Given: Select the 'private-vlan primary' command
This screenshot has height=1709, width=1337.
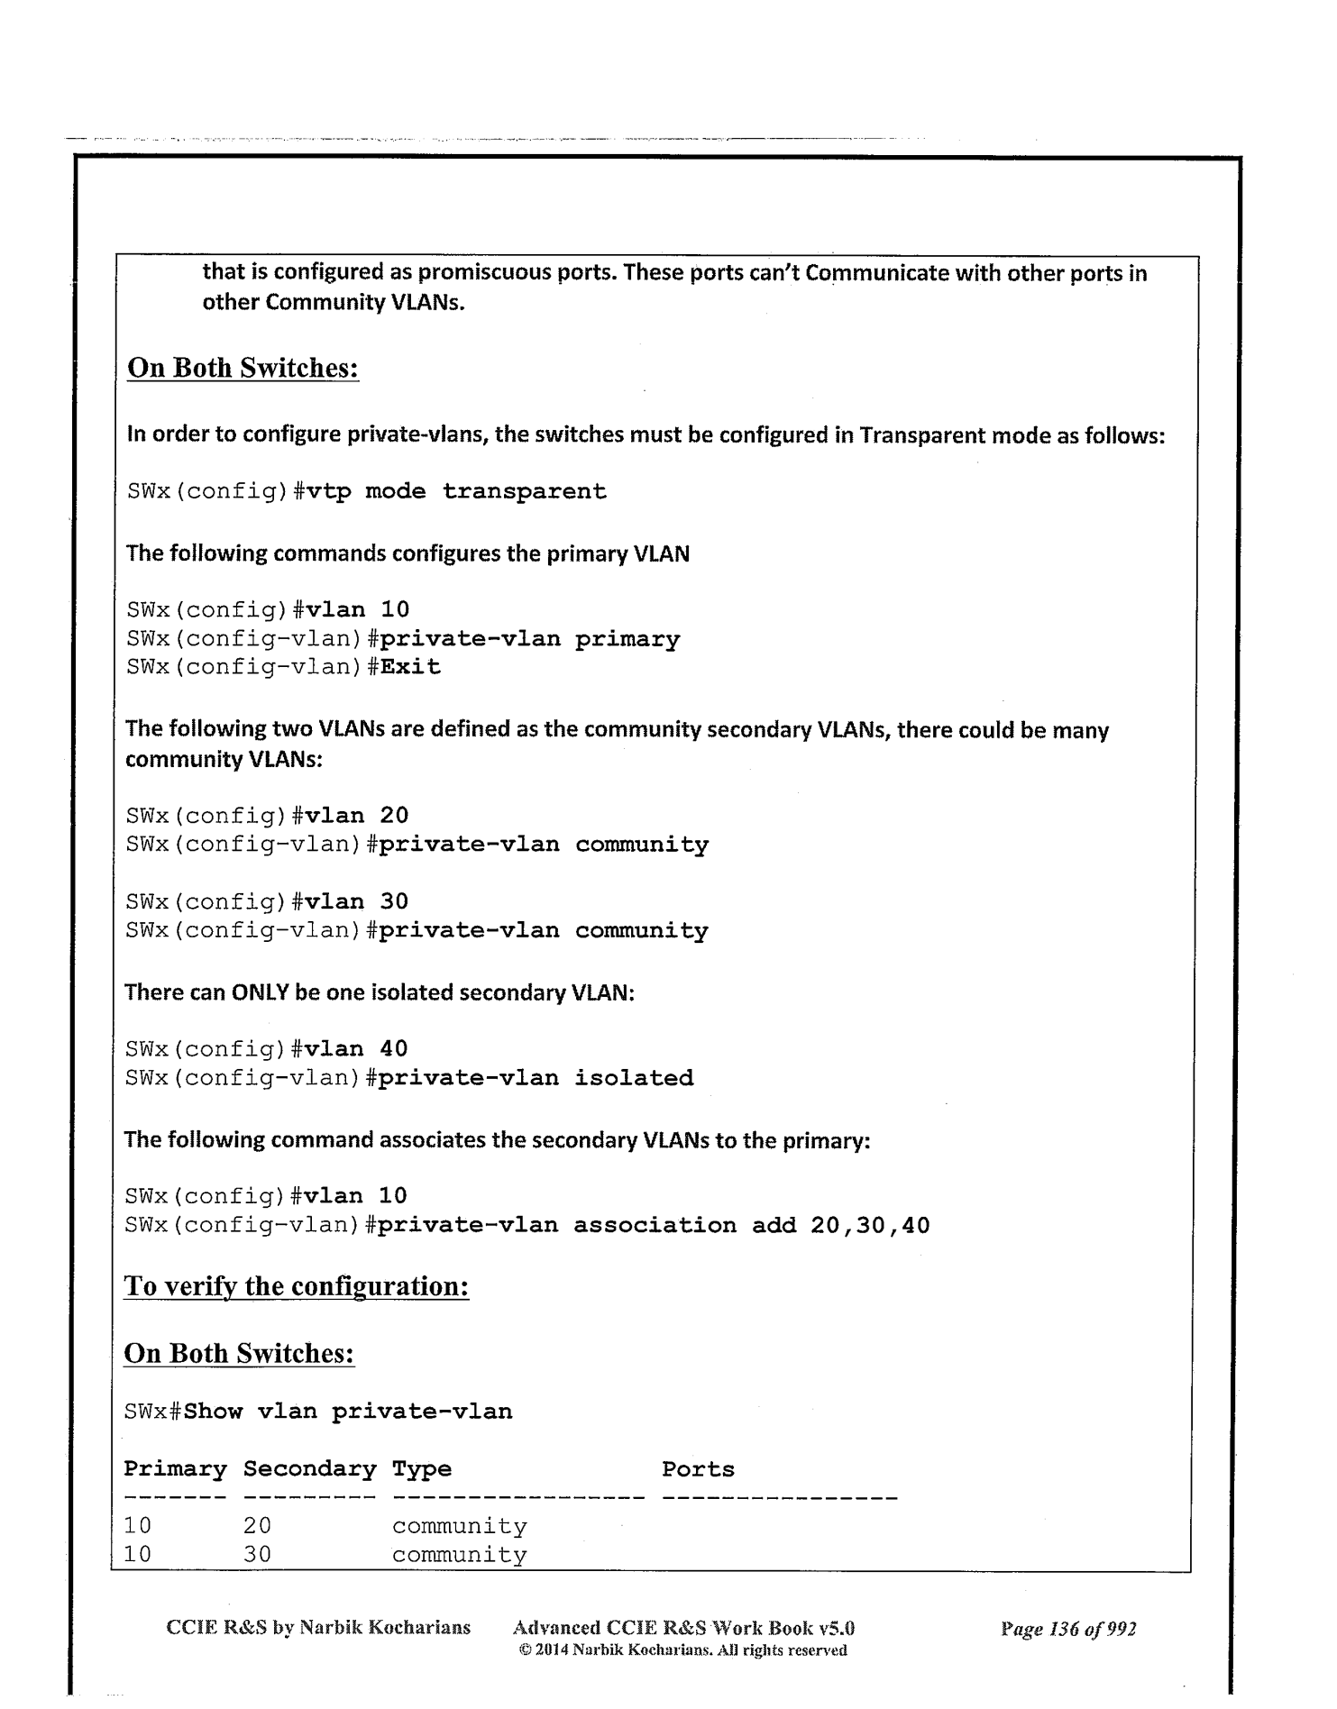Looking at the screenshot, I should click(528, 639).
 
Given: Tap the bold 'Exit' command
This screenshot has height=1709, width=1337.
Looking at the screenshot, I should click(410, 668).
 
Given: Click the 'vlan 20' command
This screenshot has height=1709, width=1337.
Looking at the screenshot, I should click(357, 816).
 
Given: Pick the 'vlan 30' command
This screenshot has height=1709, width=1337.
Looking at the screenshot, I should click(357, 901).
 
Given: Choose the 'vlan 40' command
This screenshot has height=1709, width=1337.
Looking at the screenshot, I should click(357, 1049).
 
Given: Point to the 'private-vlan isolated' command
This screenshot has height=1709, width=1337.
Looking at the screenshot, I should click(536, 1078).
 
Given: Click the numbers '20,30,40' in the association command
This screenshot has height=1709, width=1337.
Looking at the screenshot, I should click(870, 1226).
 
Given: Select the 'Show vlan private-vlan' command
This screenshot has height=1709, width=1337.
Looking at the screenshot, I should click(348, 1412).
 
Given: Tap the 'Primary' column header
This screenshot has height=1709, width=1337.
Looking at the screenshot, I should click(175, 1469).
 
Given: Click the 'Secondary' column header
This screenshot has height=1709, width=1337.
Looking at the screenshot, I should click(309, 1469).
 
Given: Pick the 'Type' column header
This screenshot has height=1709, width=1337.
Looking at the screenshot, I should click(421, 1470).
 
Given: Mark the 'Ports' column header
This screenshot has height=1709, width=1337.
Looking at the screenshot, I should click(698, 1469).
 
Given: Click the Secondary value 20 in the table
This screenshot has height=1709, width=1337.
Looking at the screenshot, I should click(257, 1526).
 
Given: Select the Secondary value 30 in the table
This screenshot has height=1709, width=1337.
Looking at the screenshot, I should click(257, 1555).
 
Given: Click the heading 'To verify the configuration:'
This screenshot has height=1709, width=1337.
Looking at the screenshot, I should click(297, 1286).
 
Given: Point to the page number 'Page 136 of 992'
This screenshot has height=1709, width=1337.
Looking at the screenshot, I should click(1068, 1629).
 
